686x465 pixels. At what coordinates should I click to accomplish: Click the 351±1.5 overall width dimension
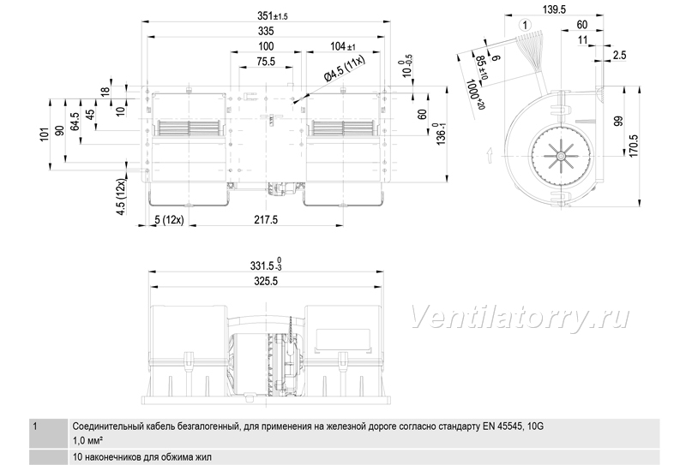272,16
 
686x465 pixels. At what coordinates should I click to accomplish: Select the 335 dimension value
266,31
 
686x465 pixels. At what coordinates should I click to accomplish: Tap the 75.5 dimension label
266,62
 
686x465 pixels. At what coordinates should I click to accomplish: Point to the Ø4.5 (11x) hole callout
345,69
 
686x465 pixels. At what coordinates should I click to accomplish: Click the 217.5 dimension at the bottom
266,219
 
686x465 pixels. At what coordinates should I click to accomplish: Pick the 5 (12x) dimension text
169,220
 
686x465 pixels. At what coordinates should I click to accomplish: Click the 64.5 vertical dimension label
75,122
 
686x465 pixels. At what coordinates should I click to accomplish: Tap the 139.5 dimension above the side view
554,9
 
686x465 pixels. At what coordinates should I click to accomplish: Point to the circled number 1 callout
525,25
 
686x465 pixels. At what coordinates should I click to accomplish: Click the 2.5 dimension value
619,55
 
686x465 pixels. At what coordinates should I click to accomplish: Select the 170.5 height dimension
634,146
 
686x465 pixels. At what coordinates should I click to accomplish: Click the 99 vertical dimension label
617,122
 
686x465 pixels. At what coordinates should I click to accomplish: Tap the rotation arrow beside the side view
490,155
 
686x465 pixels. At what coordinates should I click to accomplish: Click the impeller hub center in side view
560,156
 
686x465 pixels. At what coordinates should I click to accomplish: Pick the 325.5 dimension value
266,281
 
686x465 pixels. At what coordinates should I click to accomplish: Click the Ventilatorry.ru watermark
520,316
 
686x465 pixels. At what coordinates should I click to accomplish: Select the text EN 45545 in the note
502,426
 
